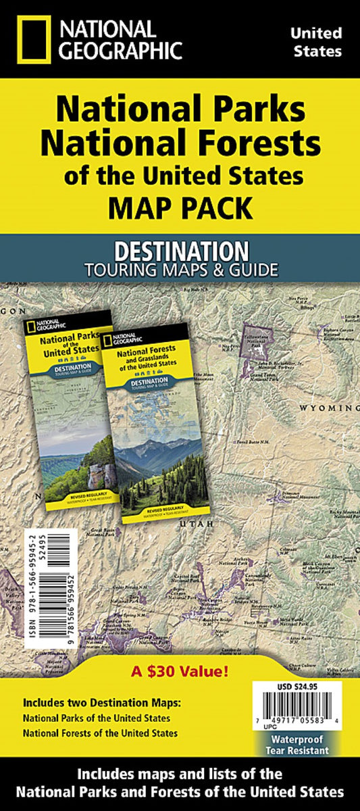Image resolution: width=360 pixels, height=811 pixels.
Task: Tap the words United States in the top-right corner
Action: (316, 41)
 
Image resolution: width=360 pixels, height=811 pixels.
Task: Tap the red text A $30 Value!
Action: (180, 672)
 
